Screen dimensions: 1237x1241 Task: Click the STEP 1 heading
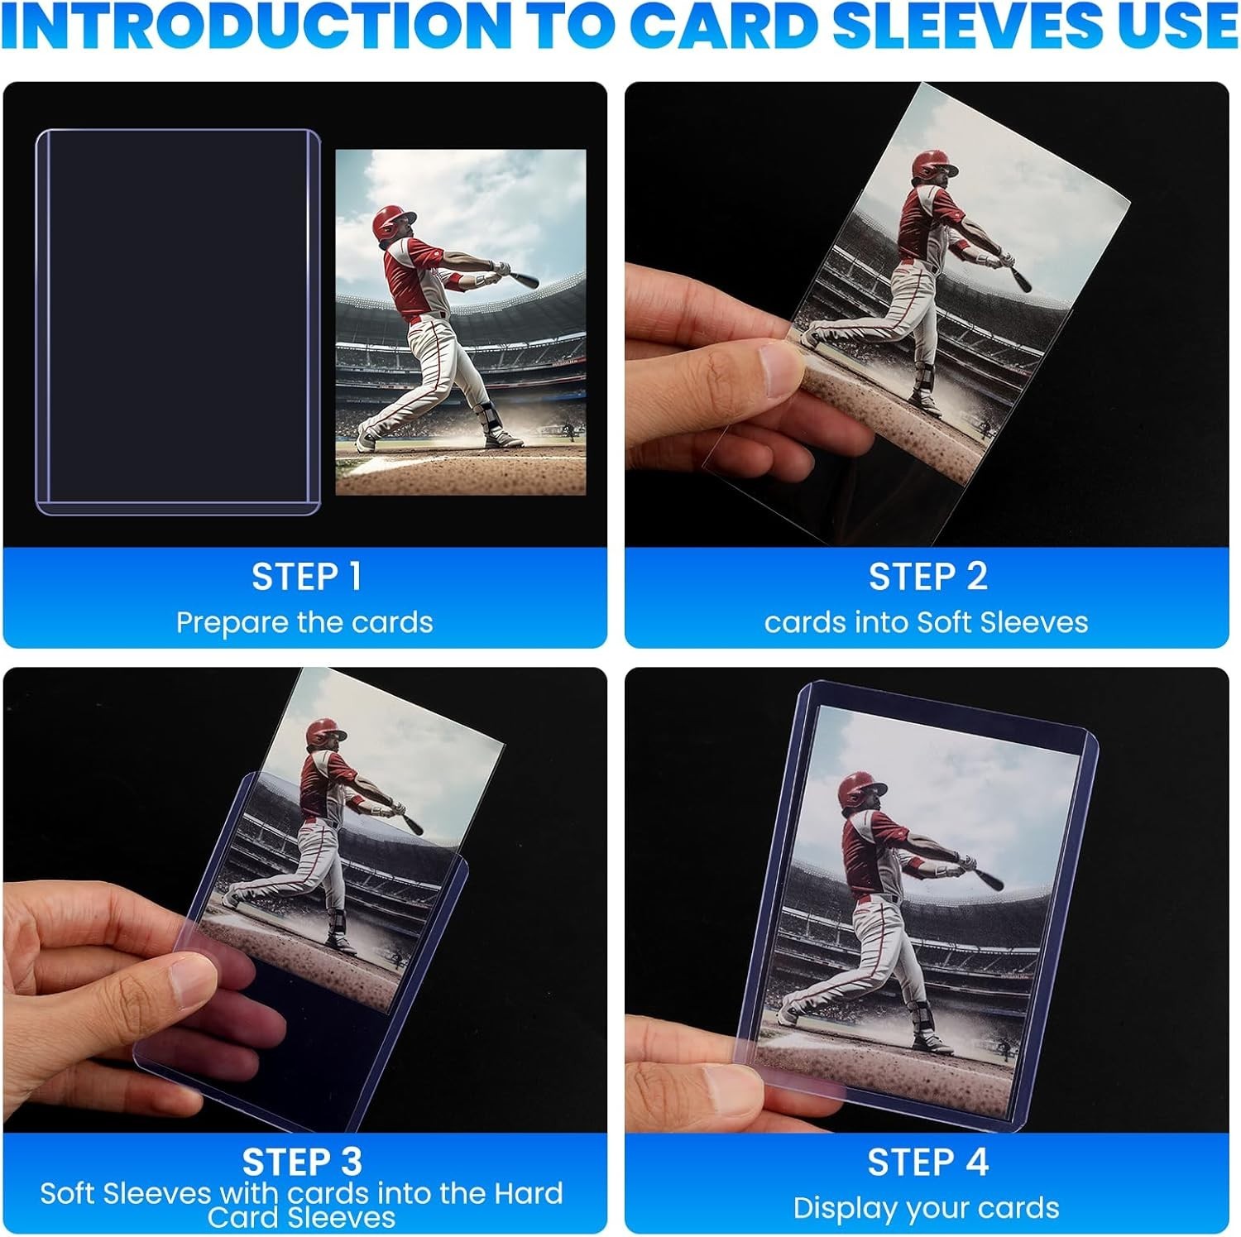[306, 578]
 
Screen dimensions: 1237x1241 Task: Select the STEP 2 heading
[927, 578]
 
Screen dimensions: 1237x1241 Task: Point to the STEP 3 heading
[302, 1162]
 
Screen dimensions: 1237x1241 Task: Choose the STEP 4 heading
[927, 1162]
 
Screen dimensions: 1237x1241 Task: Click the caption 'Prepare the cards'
[304, 622]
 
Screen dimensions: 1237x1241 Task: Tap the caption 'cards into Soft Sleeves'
[926, 622]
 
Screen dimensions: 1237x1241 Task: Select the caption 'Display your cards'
[926, 1208]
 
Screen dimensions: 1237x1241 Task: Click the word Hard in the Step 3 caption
[528, 1193]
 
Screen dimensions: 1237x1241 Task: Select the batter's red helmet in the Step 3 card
[324, 733]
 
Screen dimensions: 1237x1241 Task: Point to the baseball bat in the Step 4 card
[985, 875]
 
